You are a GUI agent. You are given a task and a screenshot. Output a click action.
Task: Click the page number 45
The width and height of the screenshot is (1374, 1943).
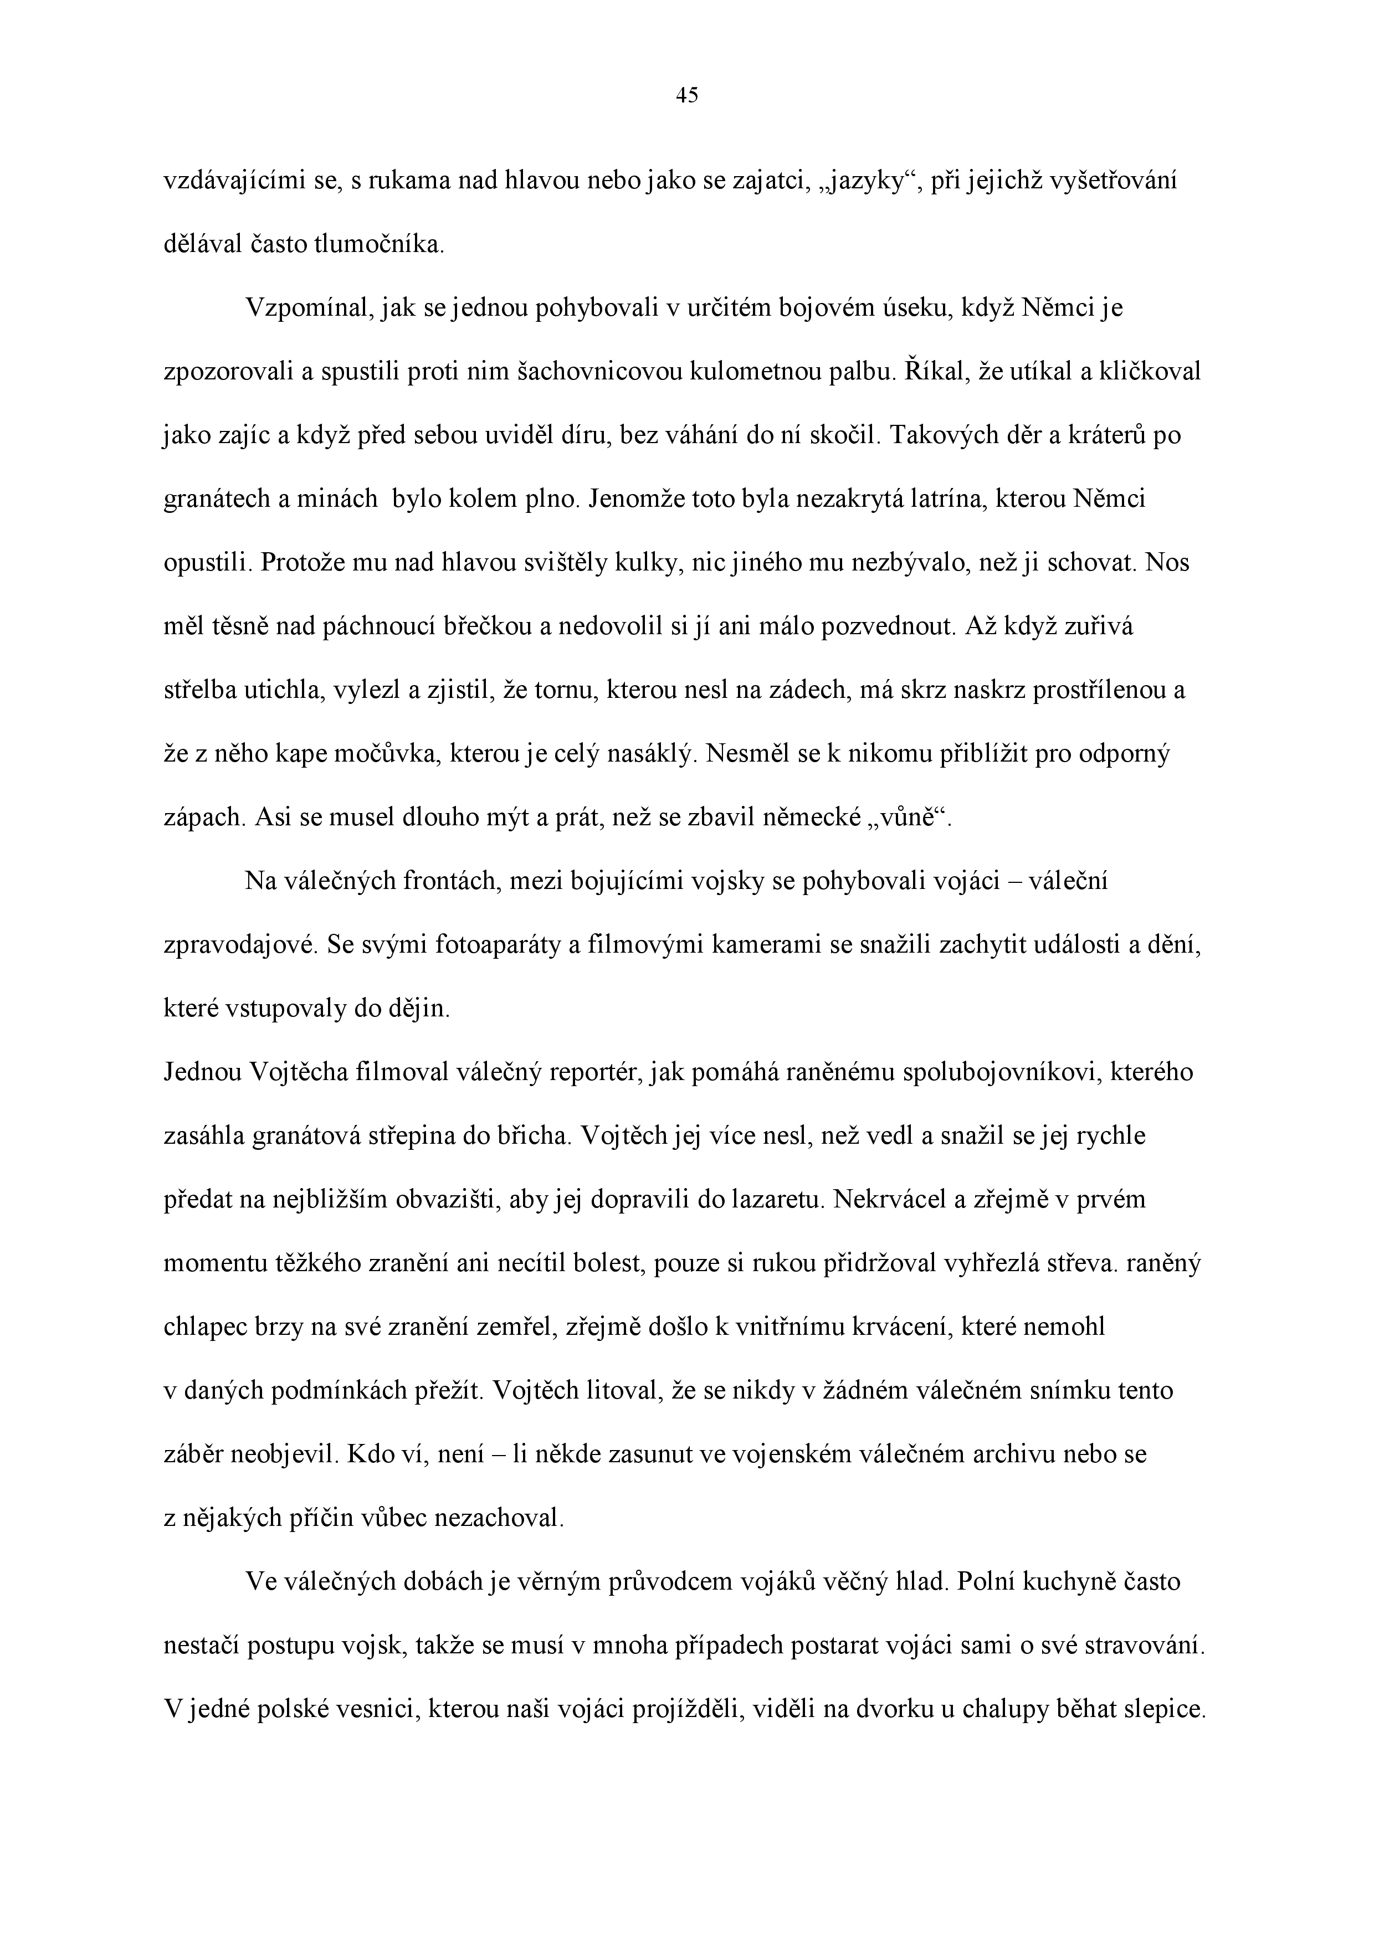click(x=686, y=96)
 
